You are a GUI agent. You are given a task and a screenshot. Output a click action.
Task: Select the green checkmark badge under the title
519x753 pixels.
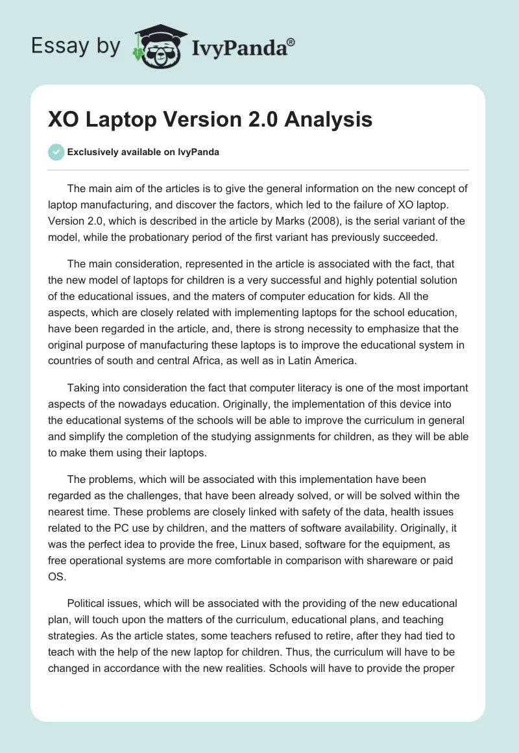[56, 152]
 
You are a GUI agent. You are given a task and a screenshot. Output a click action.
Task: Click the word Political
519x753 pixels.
[88, 603]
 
